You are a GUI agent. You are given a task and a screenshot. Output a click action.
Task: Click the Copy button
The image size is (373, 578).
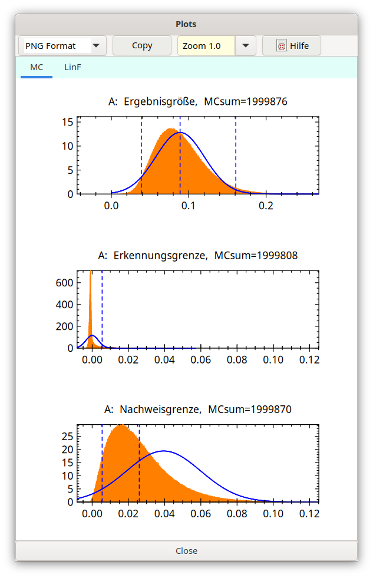(x=142, y=45)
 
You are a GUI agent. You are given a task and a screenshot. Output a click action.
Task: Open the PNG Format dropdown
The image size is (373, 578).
(x=96, y=45)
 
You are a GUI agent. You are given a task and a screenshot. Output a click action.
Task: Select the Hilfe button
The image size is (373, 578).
(x=292, y=45)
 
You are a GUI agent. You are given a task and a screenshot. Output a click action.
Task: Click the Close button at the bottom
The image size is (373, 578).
(x=186, y=551)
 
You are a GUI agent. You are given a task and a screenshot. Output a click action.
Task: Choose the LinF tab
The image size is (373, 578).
(x=72, y=67)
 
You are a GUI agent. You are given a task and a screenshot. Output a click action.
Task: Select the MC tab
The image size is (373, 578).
(x=37, y=67)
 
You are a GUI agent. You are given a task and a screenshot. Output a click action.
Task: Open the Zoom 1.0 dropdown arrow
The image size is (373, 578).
(x=246, y=45)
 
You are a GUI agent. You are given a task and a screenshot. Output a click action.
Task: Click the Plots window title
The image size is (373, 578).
(x=186, y=24)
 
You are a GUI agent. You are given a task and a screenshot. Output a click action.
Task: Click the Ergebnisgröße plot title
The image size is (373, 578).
(x=198, y=102)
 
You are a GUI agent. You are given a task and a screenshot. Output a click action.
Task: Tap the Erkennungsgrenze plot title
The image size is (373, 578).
(x=198, y=256)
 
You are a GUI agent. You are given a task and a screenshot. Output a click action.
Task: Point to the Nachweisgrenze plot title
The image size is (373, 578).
(x=198, y=409)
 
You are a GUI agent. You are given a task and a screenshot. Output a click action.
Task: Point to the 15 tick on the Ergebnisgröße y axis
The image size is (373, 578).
(x=68, y=122)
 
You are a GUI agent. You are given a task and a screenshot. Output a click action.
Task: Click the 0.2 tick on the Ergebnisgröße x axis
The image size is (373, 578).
(x=266, y=206)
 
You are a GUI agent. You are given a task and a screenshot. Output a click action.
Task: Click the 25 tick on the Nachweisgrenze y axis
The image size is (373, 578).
(x=68, y=436)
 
